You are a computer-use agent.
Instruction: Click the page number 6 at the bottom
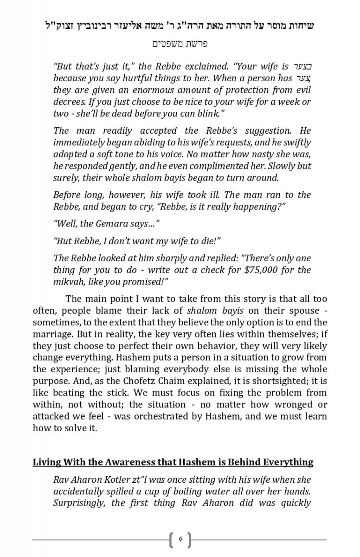point(180,539)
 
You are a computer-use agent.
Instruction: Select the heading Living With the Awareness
point(173,462)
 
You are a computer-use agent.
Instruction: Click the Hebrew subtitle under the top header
point(180,44)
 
